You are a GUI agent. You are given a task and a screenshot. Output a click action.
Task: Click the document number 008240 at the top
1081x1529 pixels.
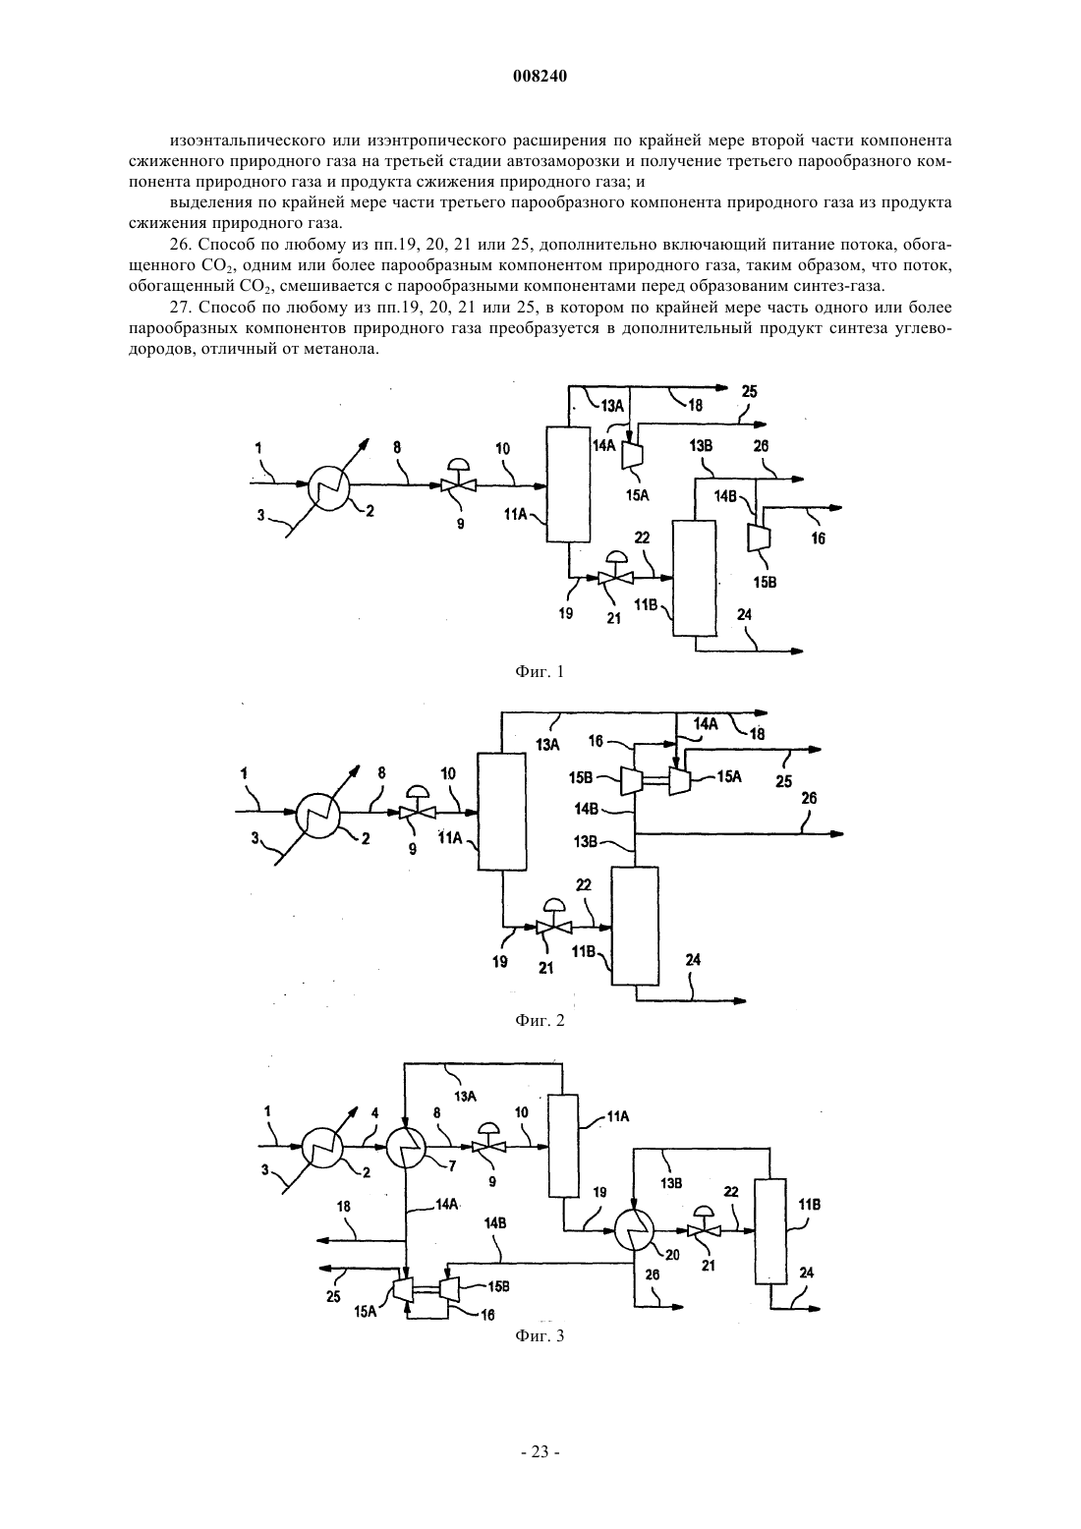tap(540, 77)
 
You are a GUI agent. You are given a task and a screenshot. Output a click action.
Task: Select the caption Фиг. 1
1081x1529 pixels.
tap(540, 672)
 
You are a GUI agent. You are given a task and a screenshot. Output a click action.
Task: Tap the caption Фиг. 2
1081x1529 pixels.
tap(540, 1020)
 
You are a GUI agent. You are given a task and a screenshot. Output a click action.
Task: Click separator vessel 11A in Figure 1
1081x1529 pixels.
tap(568, 484)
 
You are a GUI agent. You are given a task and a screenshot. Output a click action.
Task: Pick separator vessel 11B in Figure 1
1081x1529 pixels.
tap(694, 578)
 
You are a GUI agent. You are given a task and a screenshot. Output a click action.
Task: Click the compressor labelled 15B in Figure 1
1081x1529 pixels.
tap(757, 537)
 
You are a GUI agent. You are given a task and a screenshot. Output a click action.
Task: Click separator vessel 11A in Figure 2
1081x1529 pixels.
tap(501, 812)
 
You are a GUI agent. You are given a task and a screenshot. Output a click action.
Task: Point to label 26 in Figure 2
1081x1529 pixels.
tap(810, 798)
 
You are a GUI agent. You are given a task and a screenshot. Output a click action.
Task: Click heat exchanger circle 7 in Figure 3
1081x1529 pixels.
tap(405, 1148)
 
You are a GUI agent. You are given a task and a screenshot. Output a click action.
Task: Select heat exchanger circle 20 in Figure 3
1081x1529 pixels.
tap(634, 1230)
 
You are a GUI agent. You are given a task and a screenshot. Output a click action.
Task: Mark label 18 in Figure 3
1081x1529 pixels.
tap(343, 1207)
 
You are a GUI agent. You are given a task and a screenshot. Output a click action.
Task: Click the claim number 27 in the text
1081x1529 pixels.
tap(179, 308)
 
